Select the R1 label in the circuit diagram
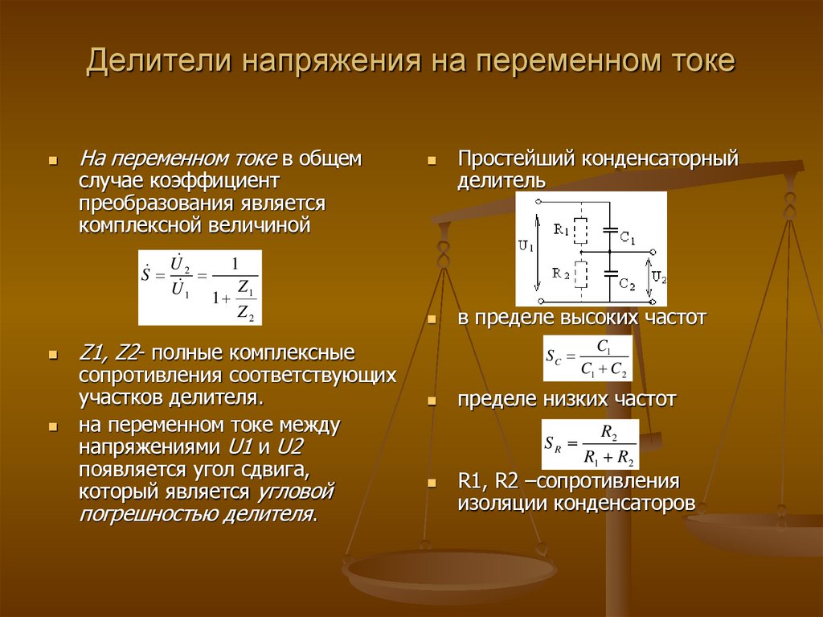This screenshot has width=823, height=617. point(561,230)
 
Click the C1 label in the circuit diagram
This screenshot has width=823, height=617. point(628,240)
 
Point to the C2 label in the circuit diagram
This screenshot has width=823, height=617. point(628,286)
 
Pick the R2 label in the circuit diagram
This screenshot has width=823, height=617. point(561,274)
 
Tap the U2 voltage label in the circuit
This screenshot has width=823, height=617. point(658,278)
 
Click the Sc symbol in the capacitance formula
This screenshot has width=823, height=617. point(554,357)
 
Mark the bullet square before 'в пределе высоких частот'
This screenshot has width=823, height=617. point(432,320)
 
